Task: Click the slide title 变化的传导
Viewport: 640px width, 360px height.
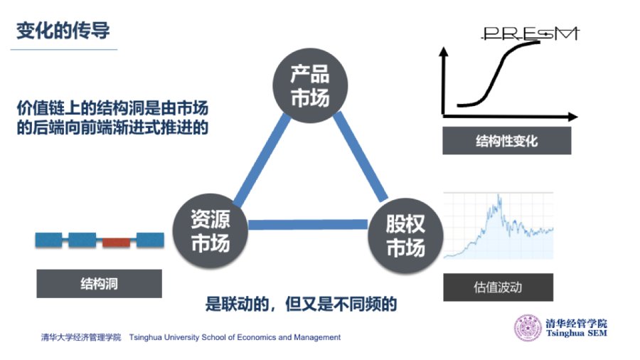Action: pyautogui.click(x=63, y=31)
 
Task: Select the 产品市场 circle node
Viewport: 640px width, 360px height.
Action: pyautogui.click(x=310, y=85)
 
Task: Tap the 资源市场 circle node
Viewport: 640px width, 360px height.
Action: pyautogui.click(x=210, y=231)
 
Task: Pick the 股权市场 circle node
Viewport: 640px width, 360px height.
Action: pyautogui.click(x=406, y=235)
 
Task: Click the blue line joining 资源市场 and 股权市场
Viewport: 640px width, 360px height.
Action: pyautogui.click(x=308, y=225)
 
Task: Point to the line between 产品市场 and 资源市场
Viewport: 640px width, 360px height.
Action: pyautogui.click(x=262, y=159)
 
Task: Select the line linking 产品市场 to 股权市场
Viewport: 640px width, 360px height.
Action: pyautogui.click(x=361, y=157)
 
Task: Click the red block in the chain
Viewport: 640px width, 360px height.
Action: pyautogui.click(x=116, y=243)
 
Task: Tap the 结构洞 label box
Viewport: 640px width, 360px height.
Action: pyautogui.click(x=99, y=284)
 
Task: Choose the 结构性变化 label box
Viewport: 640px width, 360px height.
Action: pyautogui.click(x=506, y=141)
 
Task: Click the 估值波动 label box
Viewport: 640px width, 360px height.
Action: pyautogui.click(x=498, y=287)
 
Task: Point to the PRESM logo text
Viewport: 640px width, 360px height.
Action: pyautogui.click(x=530, y=33)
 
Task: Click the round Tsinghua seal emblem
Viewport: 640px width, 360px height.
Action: pyautogui.click(x=528, y=328)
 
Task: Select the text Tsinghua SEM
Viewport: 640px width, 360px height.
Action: pyautogui.click(x=577, y=334)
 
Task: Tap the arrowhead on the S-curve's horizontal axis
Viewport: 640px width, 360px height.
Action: pyautogui.click(x=573, y=117)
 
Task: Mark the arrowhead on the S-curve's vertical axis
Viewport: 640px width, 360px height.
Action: pyautogui.click(x=444, y=52)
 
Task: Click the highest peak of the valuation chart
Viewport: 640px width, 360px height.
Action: pyautogui.click(x=498, y=195)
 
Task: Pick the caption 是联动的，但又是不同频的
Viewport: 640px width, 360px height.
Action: pyautogui.click(x=301, y=304)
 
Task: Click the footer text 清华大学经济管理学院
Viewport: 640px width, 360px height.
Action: pyautogui.click(x=81, y=337)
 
